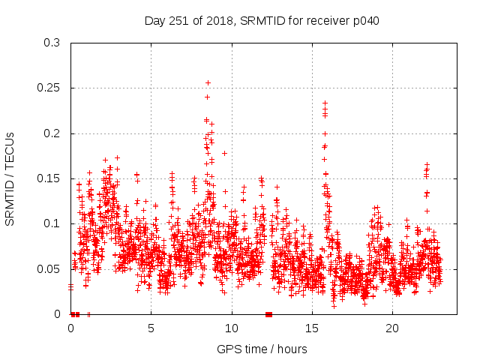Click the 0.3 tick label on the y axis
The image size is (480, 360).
52,43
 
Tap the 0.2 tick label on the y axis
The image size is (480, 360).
52,133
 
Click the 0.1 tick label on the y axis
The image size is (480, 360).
52,223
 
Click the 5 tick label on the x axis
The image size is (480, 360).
151,328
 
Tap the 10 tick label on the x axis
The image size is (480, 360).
232,328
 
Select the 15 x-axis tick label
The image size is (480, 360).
312,328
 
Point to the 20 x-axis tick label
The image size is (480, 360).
392,328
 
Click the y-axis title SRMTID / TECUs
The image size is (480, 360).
10,178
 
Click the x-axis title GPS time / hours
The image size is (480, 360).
261,349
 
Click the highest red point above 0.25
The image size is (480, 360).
208,82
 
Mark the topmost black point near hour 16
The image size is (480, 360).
325,103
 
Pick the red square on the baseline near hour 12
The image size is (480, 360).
268,313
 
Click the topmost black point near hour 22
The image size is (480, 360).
427,164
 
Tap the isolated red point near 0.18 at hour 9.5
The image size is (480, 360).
224,153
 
